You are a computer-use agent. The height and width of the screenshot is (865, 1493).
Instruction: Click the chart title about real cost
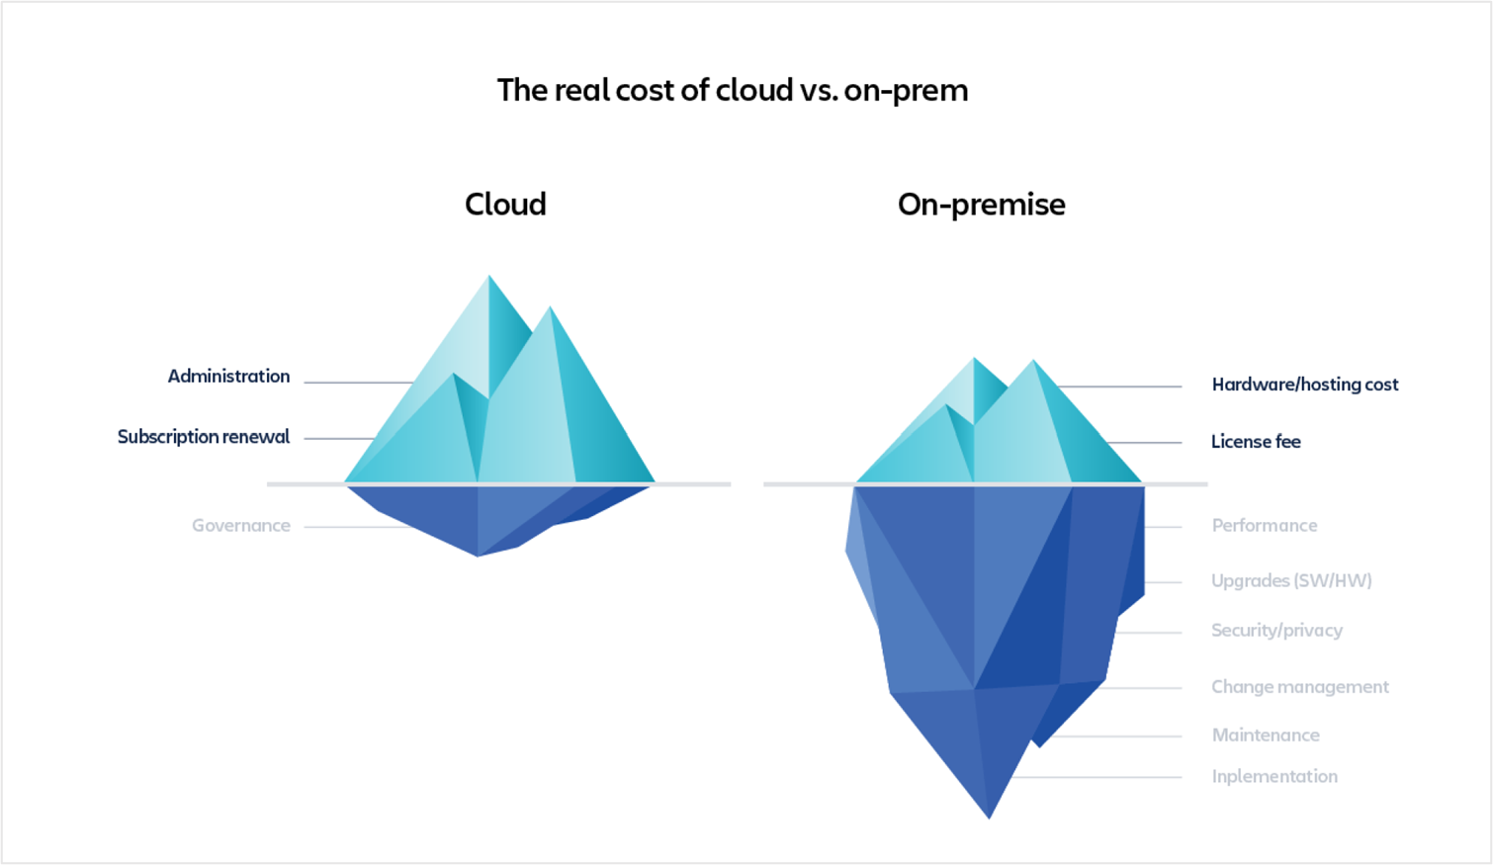[733, 91]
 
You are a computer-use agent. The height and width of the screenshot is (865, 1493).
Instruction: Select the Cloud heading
[505, 204]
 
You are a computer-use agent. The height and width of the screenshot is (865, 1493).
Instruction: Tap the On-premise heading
[981, 205]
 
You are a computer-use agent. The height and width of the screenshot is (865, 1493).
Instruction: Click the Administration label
[228, 376]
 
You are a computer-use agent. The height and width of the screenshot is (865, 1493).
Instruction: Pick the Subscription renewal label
[204, 437]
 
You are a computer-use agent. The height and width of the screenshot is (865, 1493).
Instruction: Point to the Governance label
[241, 525]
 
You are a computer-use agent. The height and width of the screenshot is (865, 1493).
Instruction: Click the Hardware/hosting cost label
[1305, 385]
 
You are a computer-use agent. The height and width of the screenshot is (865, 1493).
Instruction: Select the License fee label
[1256, 441]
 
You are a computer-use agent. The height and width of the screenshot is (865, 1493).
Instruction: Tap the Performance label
[1265, 525]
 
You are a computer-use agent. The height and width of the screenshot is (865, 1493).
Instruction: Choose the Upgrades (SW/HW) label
[1291, 580]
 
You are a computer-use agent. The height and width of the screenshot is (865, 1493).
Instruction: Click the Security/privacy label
[1276, 631]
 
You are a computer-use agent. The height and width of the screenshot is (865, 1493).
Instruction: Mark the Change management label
[1300, 686]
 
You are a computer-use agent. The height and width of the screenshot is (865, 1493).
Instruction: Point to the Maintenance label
[1265, 735]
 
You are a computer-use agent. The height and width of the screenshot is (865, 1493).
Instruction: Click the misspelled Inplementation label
[1274, 776]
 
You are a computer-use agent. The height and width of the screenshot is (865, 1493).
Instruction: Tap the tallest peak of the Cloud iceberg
[489, 275]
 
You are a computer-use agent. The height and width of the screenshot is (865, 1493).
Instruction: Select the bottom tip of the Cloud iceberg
[478, 556]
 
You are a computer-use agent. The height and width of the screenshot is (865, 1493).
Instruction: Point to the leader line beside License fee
[1144, 443]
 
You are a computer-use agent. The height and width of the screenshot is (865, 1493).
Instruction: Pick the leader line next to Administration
[359, 383]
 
